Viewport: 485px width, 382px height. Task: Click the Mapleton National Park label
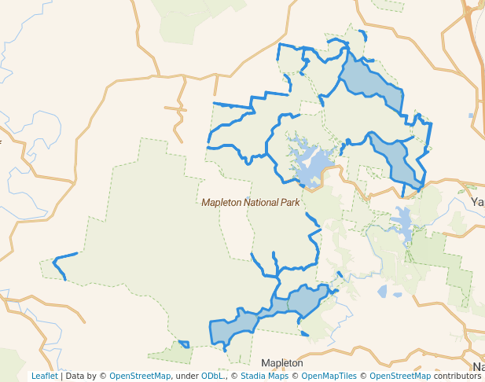[x=251, y=202]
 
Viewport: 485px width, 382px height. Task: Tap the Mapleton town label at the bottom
[x=282, y=363]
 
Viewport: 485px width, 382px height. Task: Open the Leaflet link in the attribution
[x=44, y=376]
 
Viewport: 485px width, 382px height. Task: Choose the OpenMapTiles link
[x=328, y=376]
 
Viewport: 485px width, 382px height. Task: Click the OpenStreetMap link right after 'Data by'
[x=140, y=376]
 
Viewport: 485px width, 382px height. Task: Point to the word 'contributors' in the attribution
[x=457, y=376]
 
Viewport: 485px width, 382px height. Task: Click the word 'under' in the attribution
[x=186, y=376]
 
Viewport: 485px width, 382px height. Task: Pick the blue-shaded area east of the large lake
[x=397, y=161]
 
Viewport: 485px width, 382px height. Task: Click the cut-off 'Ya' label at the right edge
[x=477, y=202]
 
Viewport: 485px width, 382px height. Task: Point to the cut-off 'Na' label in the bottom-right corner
[x=478, y=367]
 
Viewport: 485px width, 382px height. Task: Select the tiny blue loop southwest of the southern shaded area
[x=184, y=343]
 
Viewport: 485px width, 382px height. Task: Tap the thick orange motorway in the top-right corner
[x=474, y=24]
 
